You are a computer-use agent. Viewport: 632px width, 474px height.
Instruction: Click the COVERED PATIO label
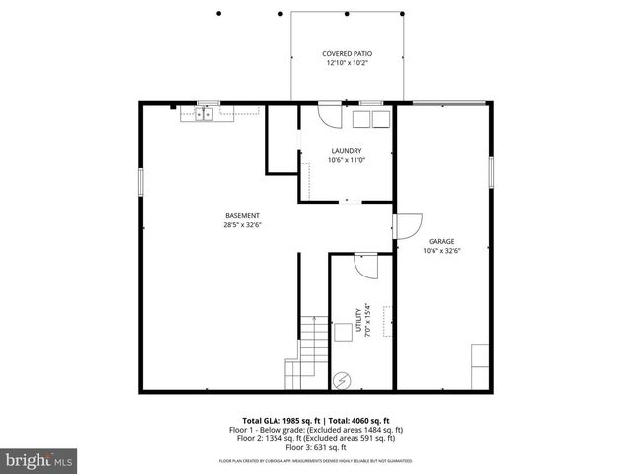(x=348, y=53)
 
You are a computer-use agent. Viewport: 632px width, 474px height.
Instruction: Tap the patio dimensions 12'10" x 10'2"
(x=348, y=63)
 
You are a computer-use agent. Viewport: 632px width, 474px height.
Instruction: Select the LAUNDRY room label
(x=345, y=151)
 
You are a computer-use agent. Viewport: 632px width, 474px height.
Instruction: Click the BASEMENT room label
(x=242, y=216)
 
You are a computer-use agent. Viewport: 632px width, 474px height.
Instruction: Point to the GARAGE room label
(x=441, y=241)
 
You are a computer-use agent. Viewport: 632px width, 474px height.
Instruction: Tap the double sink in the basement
(x=205, y=115)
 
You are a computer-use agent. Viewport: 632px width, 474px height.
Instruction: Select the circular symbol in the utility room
(x=343, y=378)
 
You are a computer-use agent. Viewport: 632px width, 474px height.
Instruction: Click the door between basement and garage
(x=407, y=225)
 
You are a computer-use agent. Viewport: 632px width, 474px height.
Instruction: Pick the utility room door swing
(x=364, y=266)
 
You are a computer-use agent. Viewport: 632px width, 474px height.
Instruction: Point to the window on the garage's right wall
(x=491, y=171)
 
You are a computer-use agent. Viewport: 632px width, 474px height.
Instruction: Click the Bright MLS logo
(x=39, y=460)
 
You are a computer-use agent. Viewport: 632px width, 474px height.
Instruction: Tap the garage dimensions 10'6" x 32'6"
(x=441, y=251)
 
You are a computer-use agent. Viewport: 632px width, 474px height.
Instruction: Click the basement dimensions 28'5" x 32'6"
(x=242, y=225)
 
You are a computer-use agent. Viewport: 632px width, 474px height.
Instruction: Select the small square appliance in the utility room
(x=342, y=332)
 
